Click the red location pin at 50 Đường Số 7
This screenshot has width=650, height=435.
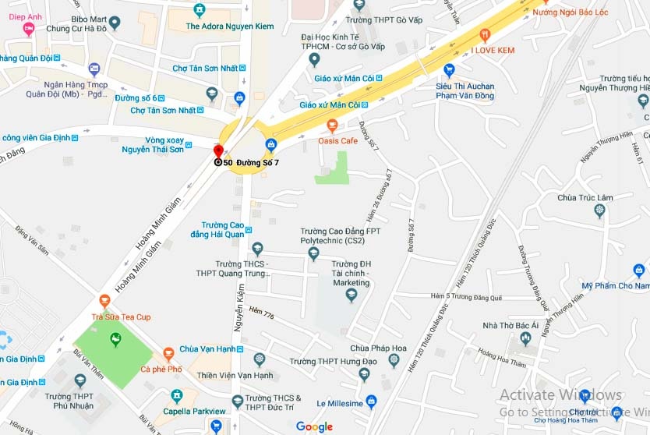tap(218, 150)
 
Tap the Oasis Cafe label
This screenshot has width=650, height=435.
tap(337, 140)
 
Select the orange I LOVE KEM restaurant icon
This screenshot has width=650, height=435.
tap(485, 34)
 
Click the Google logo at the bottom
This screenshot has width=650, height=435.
tap(314, 426)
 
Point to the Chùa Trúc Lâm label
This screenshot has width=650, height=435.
tap(585, 197)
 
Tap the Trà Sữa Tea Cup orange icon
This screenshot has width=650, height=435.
tap(105, 301)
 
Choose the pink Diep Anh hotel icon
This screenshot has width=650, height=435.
tap(29, 29)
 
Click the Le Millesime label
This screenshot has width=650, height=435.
tap(340, 403)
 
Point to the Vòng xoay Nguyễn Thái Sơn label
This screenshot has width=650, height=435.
tap(153, 143)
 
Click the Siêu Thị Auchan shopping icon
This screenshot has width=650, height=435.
tap(449, 69)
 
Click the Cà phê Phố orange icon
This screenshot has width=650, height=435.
tap(168, 352)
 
